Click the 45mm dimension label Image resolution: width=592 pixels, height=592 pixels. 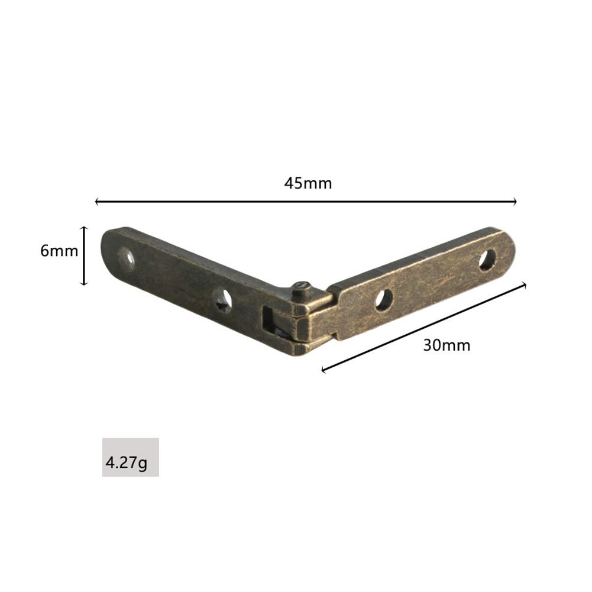308,183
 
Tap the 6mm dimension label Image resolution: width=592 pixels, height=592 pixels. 59,251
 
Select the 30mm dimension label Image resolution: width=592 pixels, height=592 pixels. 447,345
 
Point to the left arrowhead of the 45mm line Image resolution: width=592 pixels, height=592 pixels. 96,202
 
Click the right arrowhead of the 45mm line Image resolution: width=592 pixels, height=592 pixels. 515,202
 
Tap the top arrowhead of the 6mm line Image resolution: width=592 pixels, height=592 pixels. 84,228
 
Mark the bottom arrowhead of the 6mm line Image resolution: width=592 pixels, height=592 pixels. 84,283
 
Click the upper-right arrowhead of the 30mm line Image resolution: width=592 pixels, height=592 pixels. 523,286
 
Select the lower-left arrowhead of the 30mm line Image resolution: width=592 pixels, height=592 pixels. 324,369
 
